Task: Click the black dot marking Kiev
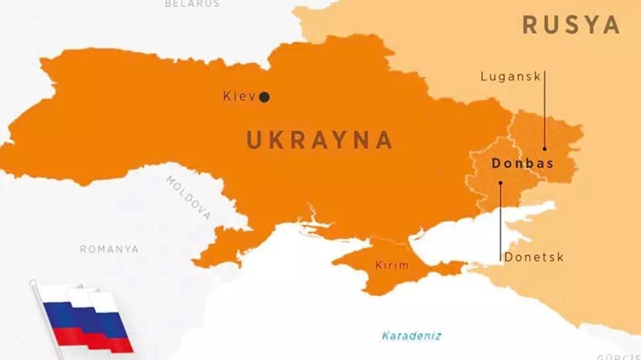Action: pos(264,97)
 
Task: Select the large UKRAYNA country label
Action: pos(320,140)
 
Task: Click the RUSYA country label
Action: pos(571,25)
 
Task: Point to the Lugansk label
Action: pos(511,77)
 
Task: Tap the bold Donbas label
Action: pos(522,163)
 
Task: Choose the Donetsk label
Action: pos(534,257)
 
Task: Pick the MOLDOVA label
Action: pos(189,198)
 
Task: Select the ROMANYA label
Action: pos(109,249)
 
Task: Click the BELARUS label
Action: pos(192,3)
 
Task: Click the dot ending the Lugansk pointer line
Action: pos(545,149)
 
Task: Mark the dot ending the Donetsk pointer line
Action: pos(500,183)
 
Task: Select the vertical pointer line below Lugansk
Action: pos(545,112)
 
